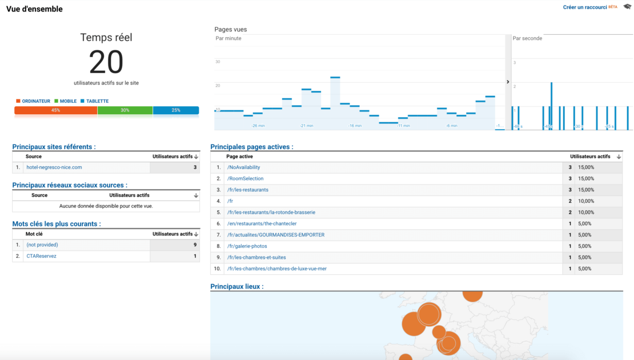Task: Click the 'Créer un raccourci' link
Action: pos(584,7)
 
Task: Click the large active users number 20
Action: pos(106,62)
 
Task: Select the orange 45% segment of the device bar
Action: pos(55,110)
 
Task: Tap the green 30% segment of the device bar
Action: pos(125,110)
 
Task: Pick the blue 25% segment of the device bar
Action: pos(176,110)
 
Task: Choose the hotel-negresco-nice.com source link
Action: pos(54,167)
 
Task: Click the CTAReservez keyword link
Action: pos(41,256)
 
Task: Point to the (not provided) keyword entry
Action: pos(42,245)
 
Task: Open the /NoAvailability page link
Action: pos(243,167)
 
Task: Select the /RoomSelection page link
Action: pos(245,178)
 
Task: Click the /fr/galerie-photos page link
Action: pos(247,246)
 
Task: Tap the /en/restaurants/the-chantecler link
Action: pos(262,223)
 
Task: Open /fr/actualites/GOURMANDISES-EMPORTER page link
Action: pos(275,235)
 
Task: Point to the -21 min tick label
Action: pos(307,126)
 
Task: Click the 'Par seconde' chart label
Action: pos(527,38)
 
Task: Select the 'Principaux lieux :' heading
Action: pos(237,286)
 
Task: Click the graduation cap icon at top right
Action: pos(628,7)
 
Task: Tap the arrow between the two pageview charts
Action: pos(508,82)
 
